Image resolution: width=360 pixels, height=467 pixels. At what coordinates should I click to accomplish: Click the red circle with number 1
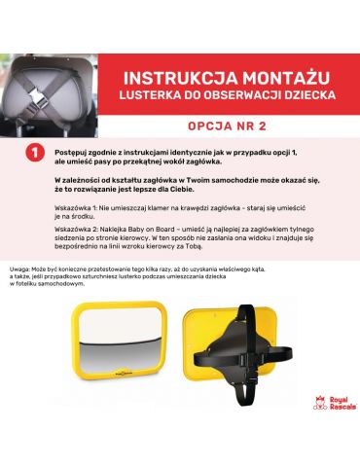[x=35, y=154]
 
